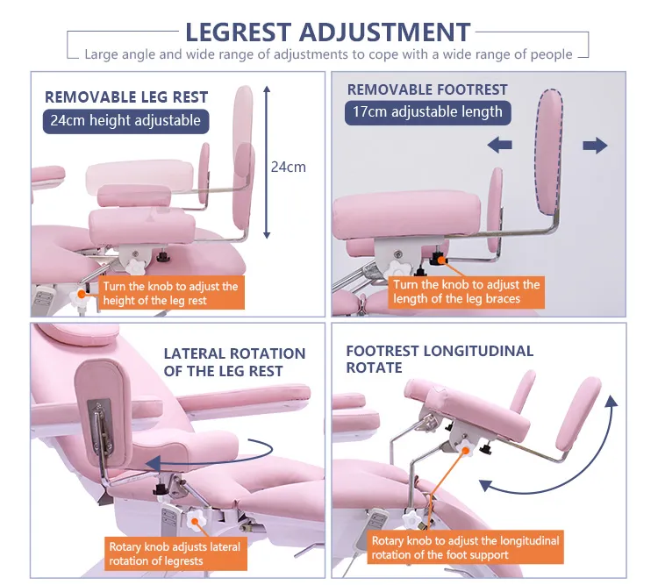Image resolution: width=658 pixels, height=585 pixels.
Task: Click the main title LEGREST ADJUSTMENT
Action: (327, 32)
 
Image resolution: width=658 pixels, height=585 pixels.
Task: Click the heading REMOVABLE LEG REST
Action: (126, 97)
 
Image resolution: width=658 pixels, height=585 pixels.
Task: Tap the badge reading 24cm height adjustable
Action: (125, 120)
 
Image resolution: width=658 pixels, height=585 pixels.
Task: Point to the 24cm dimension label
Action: (288, 167)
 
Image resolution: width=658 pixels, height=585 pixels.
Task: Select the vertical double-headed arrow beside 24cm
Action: (267, 162)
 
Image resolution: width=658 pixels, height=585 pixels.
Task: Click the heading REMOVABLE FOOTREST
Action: (427, 89)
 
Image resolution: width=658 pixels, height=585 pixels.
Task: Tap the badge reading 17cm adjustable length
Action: (427, 112)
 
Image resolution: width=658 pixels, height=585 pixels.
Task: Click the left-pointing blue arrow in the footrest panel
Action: (500, 145)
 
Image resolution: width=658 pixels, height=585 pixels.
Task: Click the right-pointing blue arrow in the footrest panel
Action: (595, 146)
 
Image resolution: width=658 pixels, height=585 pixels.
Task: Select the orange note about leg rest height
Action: (169, 293)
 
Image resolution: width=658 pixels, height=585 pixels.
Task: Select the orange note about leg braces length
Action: (466, 292)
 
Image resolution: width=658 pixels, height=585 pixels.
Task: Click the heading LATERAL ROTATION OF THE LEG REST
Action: (235, 362)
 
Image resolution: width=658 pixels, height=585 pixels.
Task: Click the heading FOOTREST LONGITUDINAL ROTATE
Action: (440, 360)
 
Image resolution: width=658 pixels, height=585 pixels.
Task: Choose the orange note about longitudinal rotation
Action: (464, 548)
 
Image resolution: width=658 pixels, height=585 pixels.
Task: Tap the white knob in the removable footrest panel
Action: (401, 268)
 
